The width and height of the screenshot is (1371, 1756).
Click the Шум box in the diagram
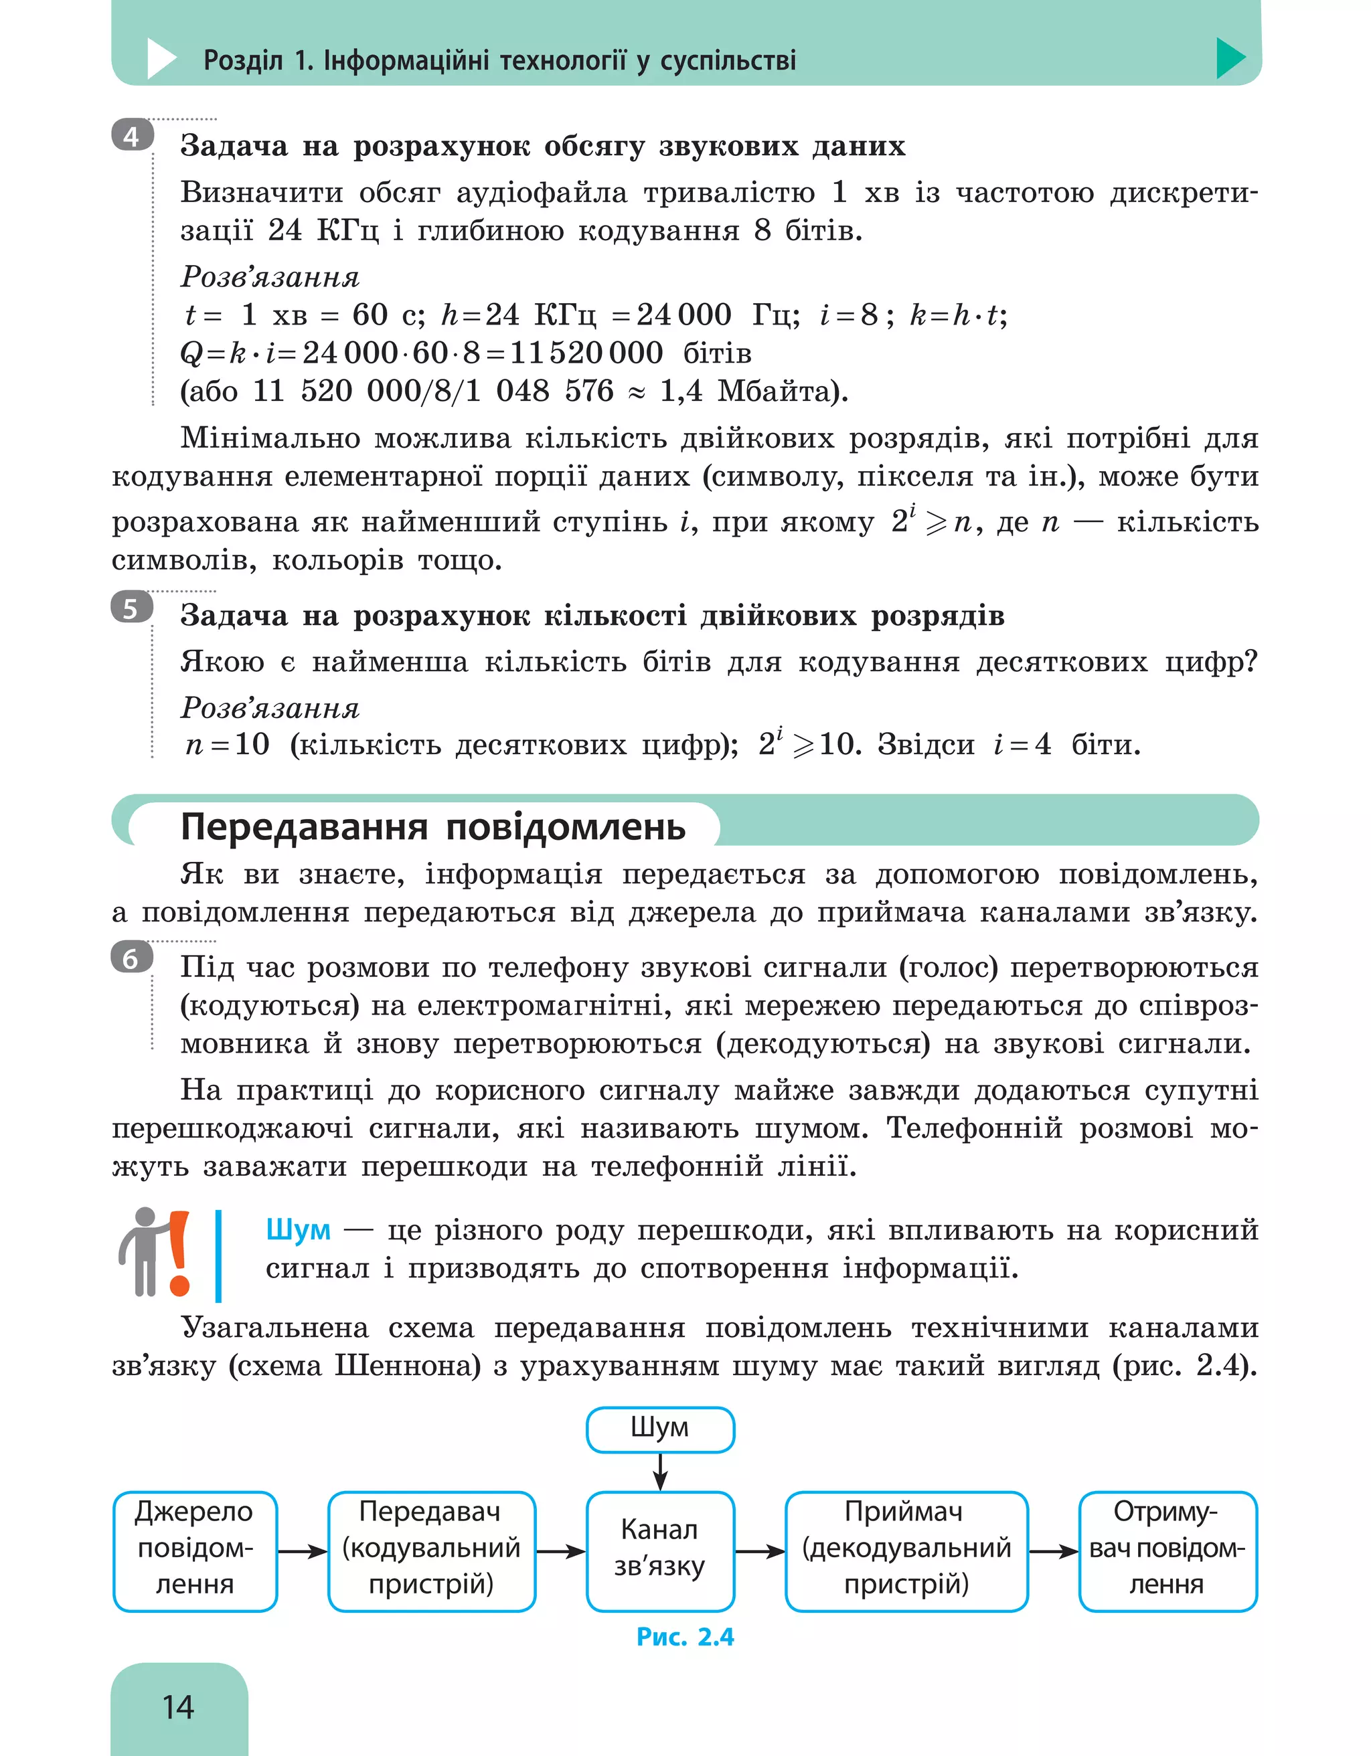pos(660,1429)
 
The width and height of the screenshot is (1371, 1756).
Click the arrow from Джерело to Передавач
pos(303,1551)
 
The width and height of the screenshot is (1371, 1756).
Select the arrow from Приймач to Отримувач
pos(1054,1551)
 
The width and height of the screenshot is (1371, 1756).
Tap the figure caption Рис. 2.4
pos(685,1636)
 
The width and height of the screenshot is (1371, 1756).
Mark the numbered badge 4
pos(131,137)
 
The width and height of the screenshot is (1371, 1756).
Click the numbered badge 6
pos(131,958)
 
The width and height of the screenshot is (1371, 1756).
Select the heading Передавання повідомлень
pos(432,826)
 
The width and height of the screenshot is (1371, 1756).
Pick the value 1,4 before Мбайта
pos(680,391)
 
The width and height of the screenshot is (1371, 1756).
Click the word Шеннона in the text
pos(408,1365)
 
